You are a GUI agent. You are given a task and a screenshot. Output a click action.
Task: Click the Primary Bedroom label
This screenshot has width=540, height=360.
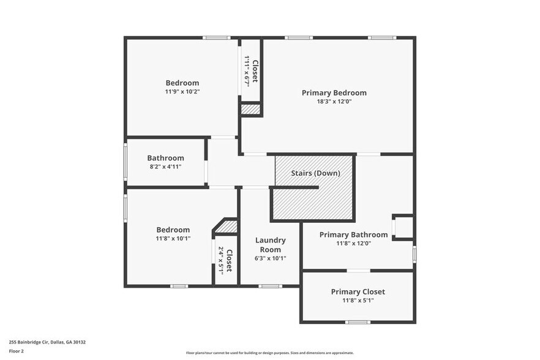334,93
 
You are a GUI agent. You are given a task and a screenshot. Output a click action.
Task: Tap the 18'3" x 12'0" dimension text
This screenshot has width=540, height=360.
334,102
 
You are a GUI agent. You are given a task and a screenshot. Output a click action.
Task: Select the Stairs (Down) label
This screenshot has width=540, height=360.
315,173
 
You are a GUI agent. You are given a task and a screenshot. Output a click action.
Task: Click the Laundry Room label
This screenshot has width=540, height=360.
270,245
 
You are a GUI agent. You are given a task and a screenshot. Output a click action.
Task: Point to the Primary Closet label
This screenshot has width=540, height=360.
358,292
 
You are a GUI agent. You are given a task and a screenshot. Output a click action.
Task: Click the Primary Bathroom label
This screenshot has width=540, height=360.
353,234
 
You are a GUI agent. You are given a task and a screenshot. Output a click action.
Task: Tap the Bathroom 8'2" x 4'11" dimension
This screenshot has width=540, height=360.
165,167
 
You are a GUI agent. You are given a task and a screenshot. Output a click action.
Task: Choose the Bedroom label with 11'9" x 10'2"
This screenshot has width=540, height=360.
182,83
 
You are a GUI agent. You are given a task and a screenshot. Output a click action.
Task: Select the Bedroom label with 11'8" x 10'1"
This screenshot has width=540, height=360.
173,230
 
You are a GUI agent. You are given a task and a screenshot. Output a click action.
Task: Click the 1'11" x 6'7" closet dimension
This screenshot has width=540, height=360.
247,71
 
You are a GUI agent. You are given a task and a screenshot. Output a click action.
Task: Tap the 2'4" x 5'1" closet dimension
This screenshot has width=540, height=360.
221,260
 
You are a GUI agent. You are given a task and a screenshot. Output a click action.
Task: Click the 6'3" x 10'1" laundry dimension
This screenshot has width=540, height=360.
270,258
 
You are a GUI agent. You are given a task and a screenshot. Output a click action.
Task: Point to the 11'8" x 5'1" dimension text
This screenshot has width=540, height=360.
358,301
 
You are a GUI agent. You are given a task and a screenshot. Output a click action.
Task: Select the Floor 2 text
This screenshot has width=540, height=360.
16,351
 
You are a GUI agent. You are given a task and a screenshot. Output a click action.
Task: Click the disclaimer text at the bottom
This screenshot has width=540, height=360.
269,353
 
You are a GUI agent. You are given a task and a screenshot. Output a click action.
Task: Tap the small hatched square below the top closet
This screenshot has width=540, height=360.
250,110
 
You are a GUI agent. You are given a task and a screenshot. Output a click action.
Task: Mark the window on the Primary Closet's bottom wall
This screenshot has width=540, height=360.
358,322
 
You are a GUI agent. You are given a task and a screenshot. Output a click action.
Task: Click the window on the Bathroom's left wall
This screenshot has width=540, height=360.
126,162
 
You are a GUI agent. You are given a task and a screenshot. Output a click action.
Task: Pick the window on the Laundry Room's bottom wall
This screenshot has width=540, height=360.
269,286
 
